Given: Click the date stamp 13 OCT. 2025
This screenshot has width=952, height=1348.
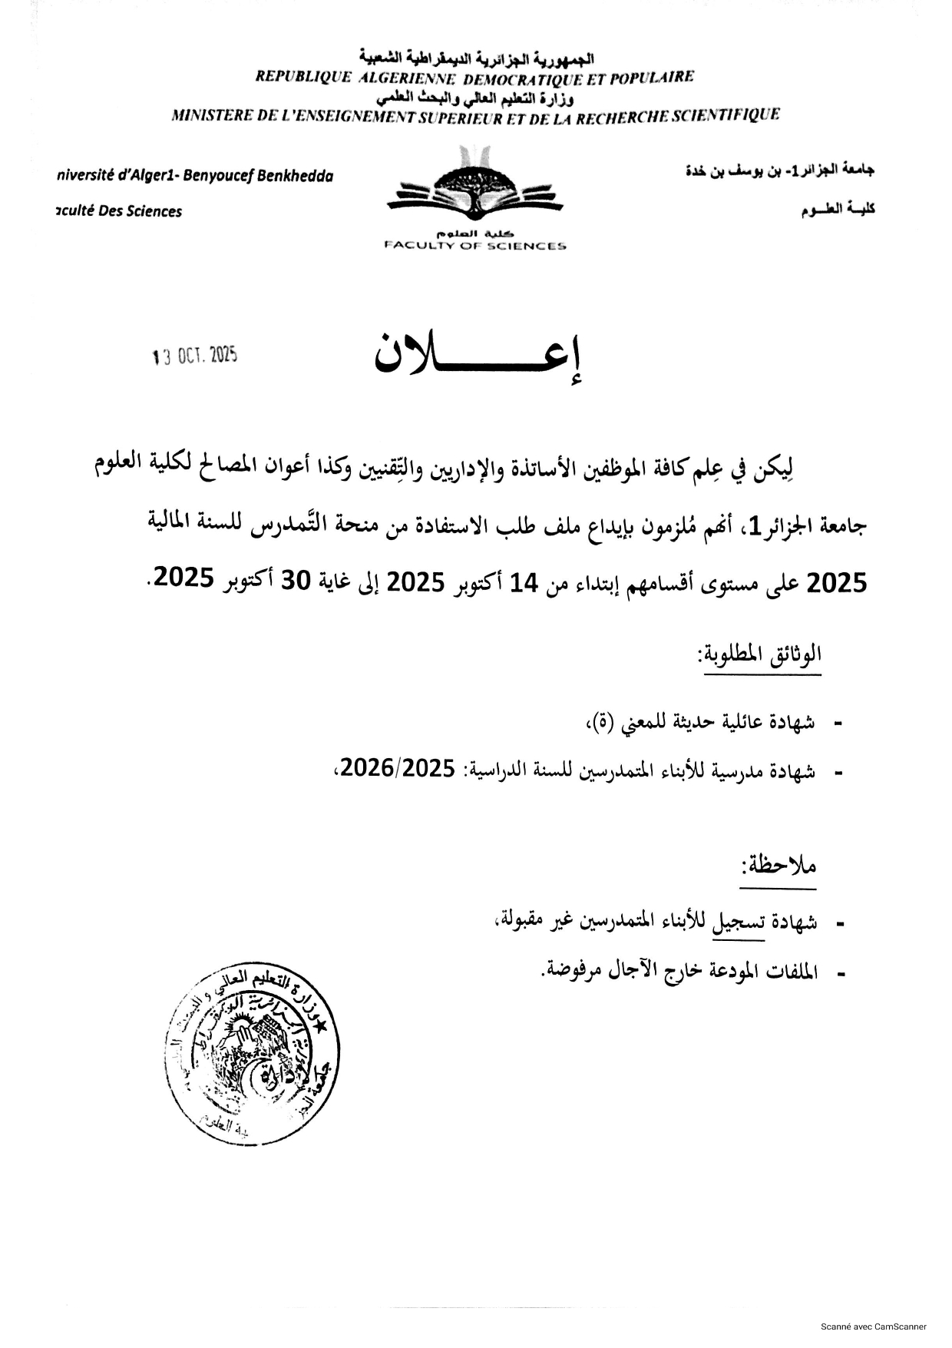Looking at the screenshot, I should coord(195,355).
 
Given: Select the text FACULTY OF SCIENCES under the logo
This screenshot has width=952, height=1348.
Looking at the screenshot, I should coord(475,246).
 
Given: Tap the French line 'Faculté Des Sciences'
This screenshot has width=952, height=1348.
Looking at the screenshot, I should coord(119,211).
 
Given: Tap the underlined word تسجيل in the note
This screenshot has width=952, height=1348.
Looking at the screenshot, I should coord(739,921).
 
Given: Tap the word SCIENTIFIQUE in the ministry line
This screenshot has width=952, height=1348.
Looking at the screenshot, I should coord(726,115).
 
